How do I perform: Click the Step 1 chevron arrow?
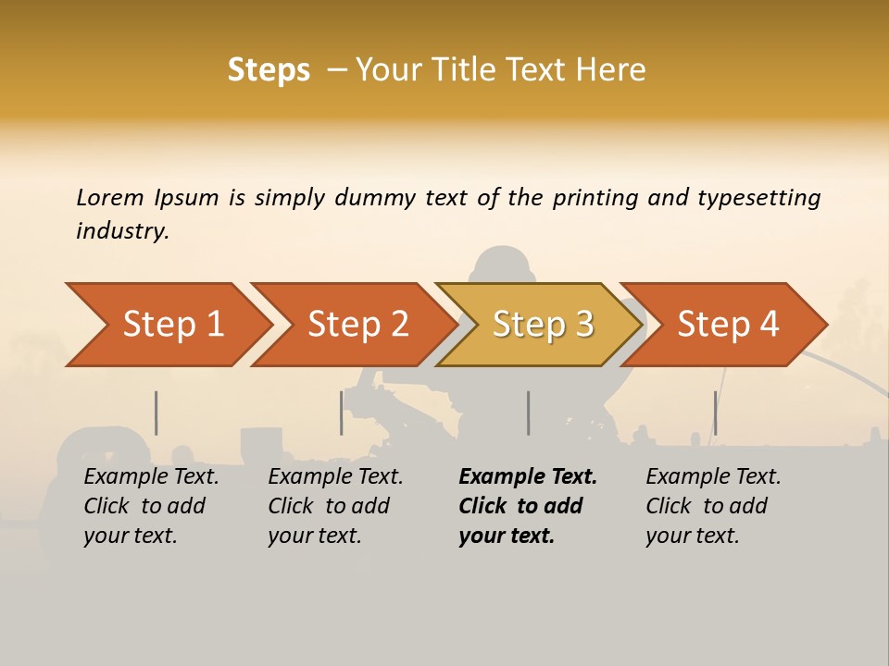point(167,325)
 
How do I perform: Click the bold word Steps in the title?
point(269,70)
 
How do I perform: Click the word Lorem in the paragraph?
point(110,197)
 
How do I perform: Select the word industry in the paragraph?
point(122,231)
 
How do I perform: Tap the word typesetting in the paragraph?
point(758,197)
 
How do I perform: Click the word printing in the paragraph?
point(592,197)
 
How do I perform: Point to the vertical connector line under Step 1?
point(156,413)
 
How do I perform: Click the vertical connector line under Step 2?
point(342,413)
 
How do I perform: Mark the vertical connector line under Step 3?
point(529,413)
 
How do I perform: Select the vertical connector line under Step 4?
point(715,413)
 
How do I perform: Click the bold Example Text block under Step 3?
point(528,506)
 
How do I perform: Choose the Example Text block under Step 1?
point(151,506)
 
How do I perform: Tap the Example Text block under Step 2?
point(335,506)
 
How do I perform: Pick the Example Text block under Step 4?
point(713,506)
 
